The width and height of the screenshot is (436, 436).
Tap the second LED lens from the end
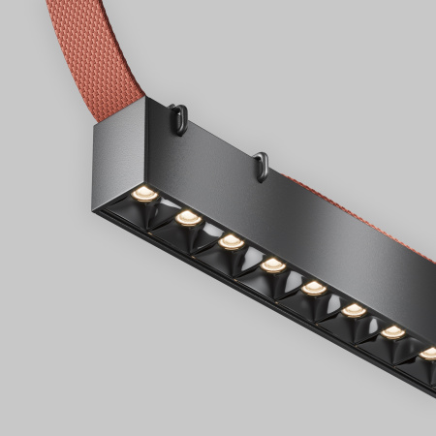188,215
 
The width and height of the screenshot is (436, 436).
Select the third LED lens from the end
230,239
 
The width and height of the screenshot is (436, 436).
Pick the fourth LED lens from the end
272,263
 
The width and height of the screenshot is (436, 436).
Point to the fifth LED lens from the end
312,287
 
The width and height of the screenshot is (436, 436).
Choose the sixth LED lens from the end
355,310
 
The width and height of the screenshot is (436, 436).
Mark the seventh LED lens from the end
392,332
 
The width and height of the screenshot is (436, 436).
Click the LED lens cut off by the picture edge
428,354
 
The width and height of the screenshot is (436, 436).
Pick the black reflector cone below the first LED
140,214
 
